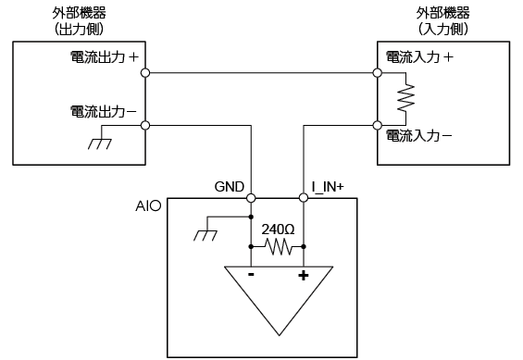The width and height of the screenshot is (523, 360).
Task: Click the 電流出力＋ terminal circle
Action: [145, 73]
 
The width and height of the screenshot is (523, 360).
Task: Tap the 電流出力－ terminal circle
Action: [145, 125]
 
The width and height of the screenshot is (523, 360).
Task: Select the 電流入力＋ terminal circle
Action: [378, 73]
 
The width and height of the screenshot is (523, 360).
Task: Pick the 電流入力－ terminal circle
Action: [378, 125]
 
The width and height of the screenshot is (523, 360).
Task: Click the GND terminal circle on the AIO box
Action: [251, 198]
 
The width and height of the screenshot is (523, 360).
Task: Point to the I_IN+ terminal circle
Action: [304, 198]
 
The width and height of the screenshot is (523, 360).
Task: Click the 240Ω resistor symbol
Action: [278, 247]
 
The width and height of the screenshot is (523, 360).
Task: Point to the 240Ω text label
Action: [278, 230]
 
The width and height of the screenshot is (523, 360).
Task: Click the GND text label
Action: [230, 187]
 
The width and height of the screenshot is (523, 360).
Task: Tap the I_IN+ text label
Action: [328, 187]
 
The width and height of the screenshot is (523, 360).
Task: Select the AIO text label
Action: [148, 206]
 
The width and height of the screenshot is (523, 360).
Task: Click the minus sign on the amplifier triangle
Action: [251, 275]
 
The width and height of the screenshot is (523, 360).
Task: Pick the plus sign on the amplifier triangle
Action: [304, 276]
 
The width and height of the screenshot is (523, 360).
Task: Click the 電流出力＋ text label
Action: [105, 57]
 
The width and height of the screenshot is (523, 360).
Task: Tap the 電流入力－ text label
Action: [419, 136]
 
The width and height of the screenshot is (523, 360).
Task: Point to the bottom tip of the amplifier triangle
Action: [279, 335]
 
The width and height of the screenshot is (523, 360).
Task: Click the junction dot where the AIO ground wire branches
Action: [251, 217]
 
